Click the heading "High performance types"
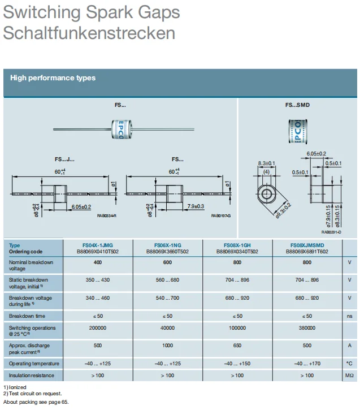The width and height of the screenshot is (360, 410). (53, 78)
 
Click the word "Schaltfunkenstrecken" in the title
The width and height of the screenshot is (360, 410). (89, 32)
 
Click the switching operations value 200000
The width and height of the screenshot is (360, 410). (98, 328)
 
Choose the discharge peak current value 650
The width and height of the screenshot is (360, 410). (237, 345)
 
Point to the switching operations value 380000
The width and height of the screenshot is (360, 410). (307, 328)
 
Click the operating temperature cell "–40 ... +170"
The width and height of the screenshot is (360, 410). (307, 364)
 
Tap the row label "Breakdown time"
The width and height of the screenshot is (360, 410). (27, 316)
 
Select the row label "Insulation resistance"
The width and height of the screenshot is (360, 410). (32, 376)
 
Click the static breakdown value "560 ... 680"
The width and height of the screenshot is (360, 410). (167, 280)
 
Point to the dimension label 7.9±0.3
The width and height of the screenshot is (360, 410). (196, 206)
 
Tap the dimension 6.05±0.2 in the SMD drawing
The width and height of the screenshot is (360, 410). (316, 154)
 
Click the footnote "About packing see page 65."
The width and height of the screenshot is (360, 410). (35, 402)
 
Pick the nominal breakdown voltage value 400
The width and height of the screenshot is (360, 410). (98, 262)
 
